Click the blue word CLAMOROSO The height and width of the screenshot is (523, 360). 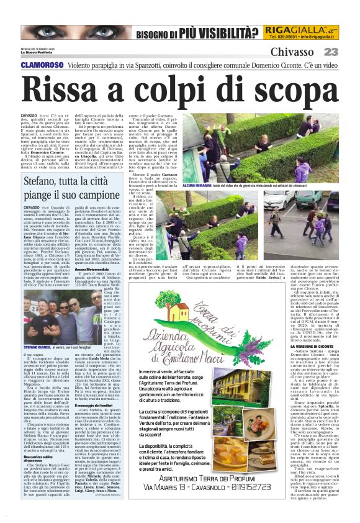[x=42, y=65]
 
